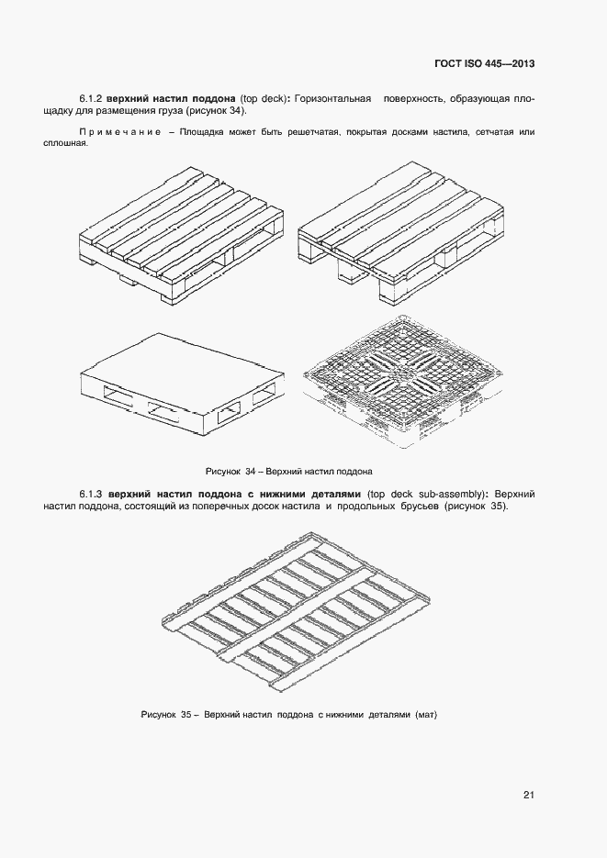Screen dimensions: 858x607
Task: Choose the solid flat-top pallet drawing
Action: pyautogui.click(x=179, y=383)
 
